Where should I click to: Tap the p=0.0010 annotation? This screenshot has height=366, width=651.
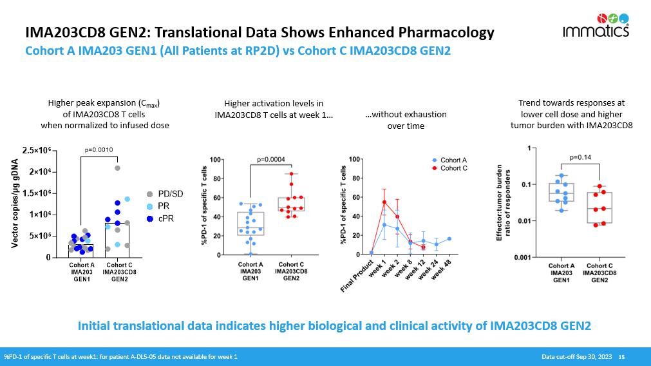pyautogui.click(x=99, y=150)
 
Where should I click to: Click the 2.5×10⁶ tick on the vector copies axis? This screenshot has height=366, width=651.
pyautogui.click(x=39, y=151)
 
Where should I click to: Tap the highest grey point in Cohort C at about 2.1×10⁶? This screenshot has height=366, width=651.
pyautogui.click(x=117, y=168)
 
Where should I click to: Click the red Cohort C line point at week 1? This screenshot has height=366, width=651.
pyautogui.click(x=384, y=202)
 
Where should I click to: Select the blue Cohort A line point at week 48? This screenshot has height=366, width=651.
pyautogui.click(x=449, y=238)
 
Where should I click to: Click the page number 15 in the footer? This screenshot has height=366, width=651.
pyautogui.click(x=621, y=356)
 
